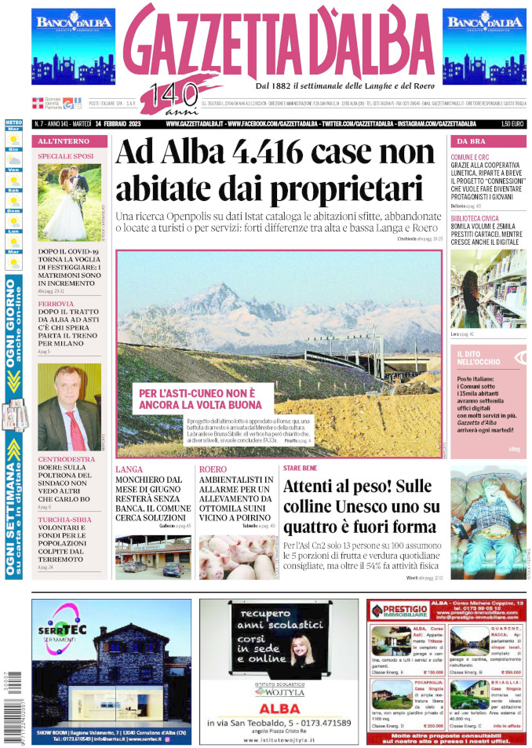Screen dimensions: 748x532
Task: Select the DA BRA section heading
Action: point(469,140)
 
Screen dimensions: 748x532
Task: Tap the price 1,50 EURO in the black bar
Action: point(512,123)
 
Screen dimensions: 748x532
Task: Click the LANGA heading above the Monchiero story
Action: point(129,469)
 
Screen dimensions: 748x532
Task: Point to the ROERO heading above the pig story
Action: point(213,469)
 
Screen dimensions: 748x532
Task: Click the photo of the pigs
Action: point(236,556)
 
